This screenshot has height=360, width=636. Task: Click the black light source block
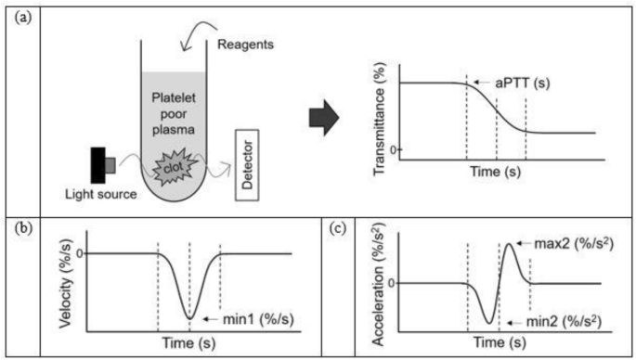(x=98, y=165)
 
